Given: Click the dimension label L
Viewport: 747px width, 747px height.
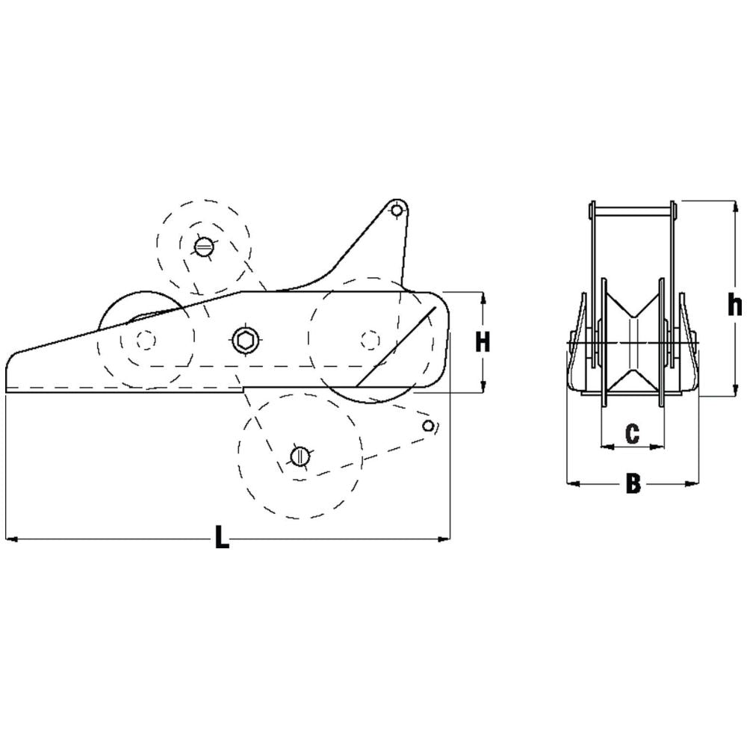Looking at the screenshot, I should [x=220, y=538].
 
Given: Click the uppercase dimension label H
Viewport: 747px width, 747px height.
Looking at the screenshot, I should [x=483, y=342].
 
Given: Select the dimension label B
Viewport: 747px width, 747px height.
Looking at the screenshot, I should [x=633, y=484].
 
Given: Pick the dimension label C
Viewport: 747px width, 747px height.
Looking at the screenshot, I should [x=632, y=434].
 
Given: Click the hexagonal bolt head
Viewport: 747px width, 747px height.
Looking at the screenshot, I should [x=245, y=341].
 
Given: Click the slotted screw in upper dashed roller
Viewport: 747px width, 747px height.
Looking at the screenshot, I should [x=202, y=247].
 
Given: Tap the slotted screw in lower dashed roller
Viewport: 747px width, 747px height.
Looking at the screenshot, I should [x=299, y=455].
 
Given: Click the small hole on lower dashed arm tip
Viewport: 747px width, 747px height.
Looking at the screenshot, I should [x=428, y=426].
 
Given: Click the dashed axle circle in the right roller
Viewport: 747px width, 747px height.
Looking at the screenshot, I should [x=368, y=341].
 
